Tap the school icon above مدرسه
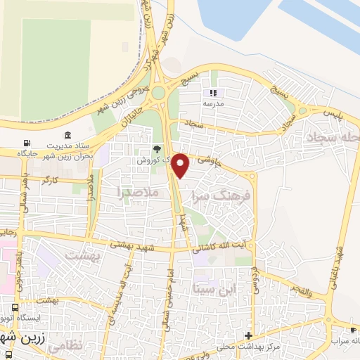point(214,92)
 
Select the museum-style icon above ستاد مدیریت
point(67,135)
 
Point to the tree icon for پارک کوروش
point(157,149)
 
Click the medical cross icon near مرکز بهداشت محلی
point(247,335)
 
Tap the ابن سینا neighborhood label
point(218,288)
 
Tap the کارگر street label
point(50,181)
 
